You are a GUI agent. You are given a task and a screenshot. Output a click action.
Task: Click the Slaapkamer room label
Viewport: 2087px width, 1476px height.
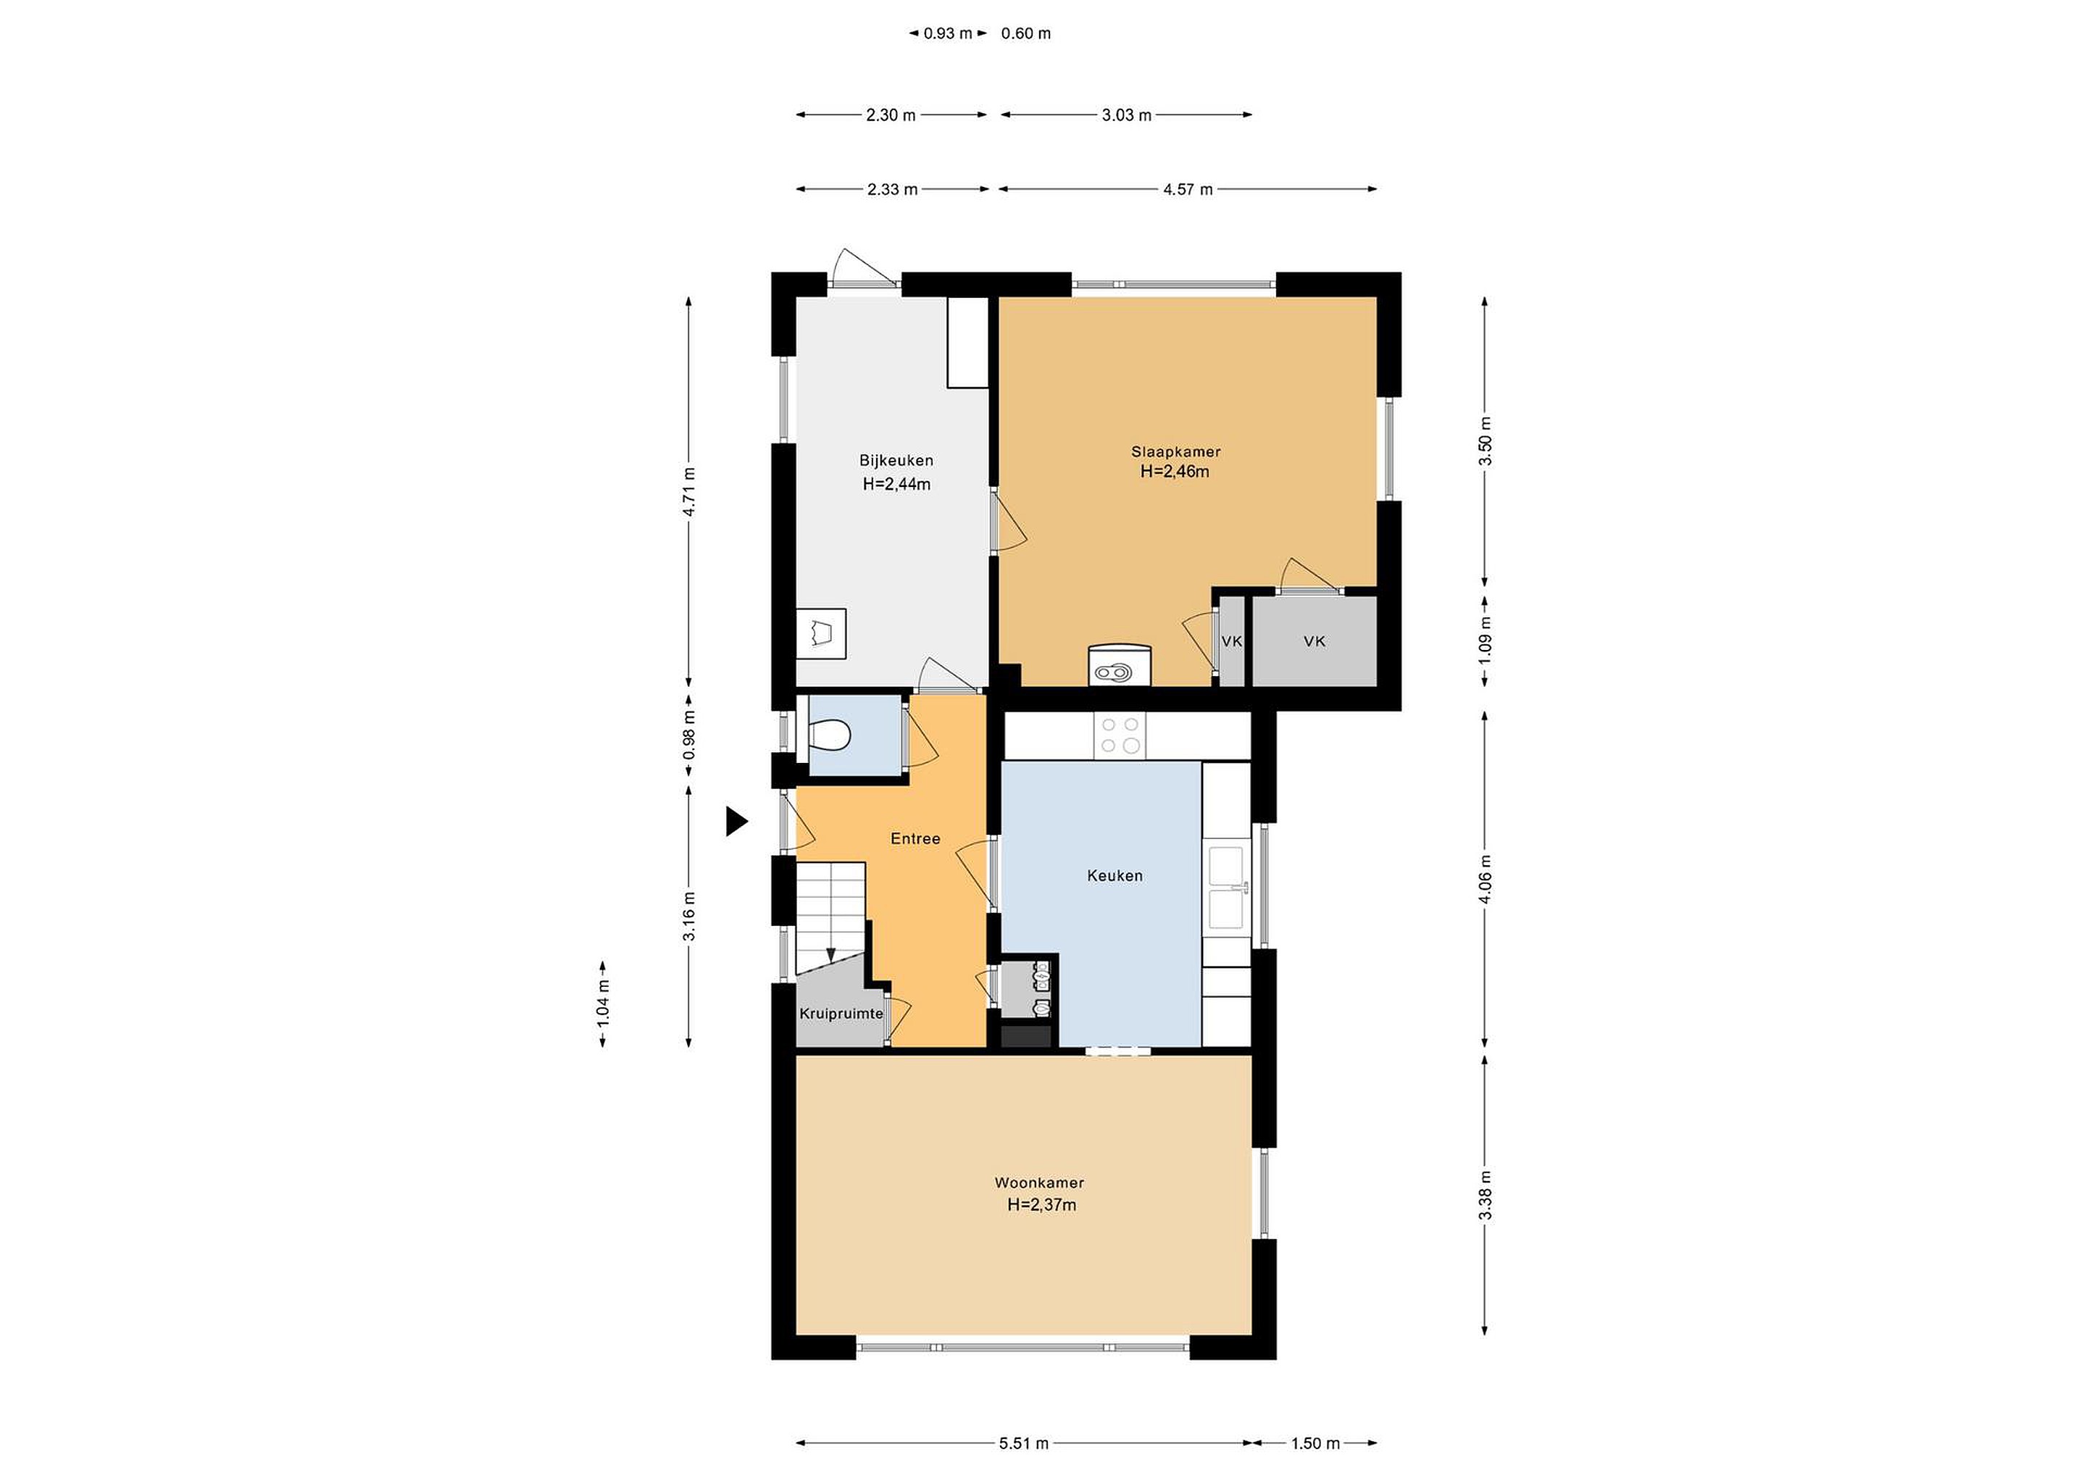[x=1175, y=451]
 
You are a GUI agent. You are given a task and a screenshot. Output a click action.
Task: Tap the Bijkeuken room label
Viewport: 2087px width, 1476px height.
[x=896, y=461]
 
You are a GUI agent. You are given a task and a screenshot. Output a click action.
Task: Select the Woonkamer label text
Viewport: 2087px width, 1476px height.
[x=1039, y=1183]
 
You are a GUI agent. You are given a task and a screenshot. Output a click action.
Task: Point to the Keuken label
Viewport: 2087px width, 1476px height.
[x=1115, y=875]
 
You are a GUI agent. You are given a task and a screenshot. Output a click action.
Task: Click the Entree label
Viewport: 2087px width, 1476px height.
[x=915, y=838]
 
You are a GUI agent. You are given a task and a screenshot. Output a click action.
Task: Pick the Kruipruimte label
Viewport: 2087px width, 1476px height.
[x=841, y=1014]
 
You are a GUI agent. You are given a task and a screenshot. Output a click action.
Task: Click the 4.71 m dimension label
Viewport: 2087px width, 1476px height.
[x=689, y=492]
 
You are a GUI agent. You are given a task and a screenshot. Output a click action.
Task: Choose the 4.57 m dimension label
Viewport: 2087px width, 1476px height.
[x=1188, y=189]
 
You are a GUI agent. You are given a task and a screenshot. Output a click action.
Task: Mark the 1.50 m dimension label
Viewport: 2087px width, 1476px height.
[x=1315, y=1443]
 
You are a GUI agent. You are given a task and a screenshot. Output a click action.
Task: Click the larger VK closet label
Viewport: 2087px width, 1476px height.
[x=1315, y=641]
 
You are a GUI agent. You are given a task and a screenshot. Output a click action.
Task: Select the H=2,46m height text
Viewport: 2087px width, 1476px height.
[x=1175, y=472]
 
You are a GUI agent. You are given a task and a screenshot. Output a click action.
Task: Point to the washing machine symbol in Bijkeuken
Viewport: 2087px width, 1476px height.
[x=186, y=633]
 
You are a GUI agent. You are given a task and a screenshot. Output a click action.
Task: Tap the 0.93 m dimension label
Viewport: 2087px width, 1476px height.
[x=948, y=33]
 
